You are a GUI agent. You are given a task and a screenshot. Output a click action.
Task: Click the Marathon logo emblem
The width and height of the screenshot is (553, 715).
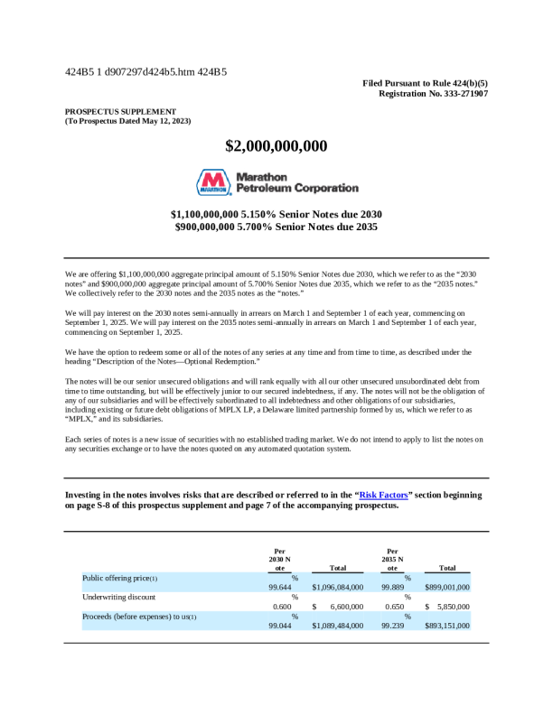pos(213,182)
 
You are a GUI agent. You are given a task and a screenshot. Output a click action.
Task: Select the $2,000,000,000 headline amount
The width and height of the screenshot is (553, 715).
pos(276,146)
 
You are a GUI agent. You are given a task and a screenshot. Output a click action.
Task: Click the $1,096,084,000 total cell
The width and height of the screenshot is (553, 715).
pos(337,587)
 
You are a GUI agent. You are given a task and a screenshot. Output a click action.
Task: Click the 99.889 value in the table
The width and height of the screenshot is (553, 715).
pos(392,587)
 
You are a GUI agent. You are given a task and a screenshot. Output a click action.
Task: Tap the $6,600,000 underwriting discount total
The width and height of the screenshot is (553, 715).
pos(341,606)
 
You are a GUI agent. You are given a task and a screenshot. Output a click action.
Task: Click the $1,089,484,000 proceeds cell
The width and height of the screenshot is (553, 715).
pos(337,625)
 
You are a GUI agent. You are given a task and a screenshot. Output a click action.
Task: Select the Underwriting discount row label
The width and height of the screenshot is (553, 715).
pos(118,597)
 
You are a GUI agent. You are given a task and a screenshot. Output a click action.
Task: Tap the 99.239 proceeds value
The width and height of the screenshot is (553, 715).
pos(392,625)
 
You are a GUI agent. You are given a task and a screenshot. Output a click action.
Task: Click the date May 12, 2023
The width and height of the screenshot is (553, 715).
pos(164,120)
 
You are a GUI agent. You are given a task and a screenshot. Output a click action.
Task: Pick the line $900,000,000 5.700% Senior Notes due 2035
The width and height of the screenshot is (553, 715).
pos(276,227)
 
